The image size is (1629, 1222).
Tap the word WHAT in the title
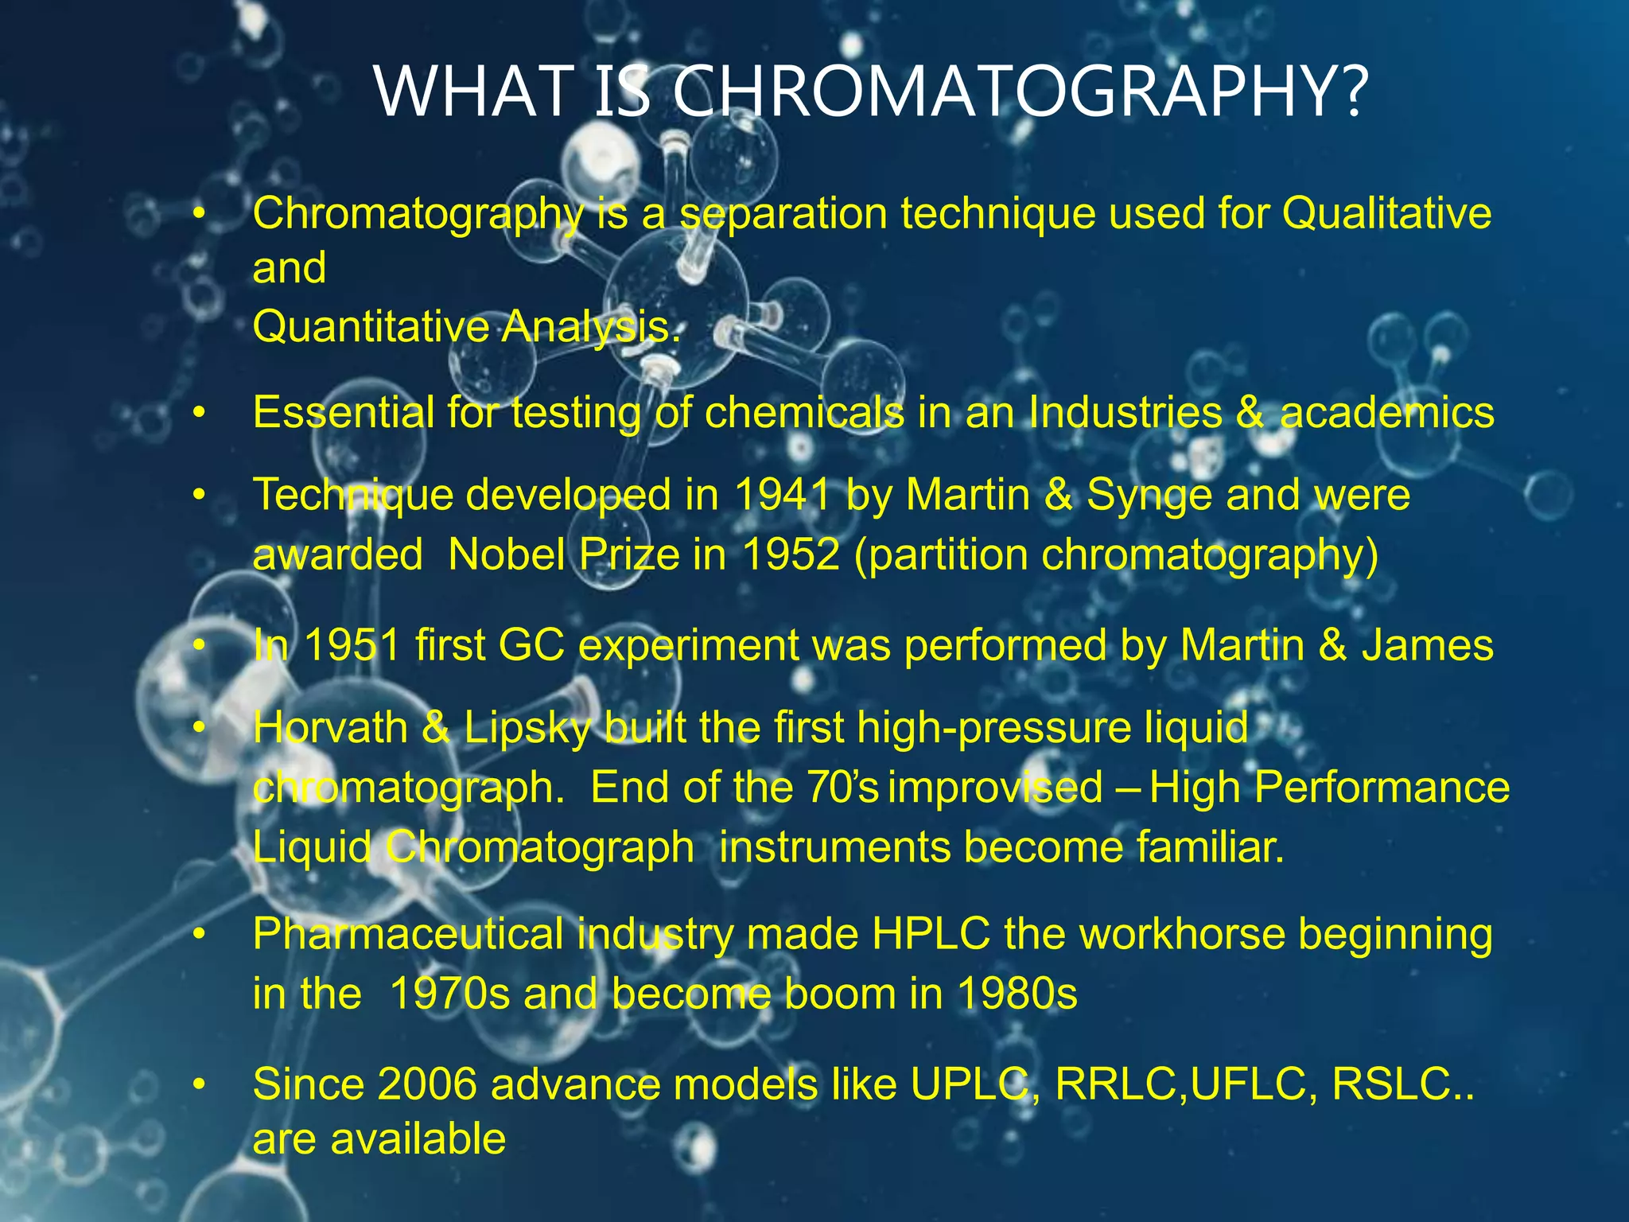[475, 91]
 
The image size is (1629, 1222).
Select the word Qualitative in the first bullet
[1386, 213]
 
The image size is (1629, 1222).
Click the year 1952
[791, 555]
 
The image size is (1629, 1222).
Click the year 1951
[352, 644]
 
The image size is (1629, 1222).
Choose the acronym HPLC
[931, 933]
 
